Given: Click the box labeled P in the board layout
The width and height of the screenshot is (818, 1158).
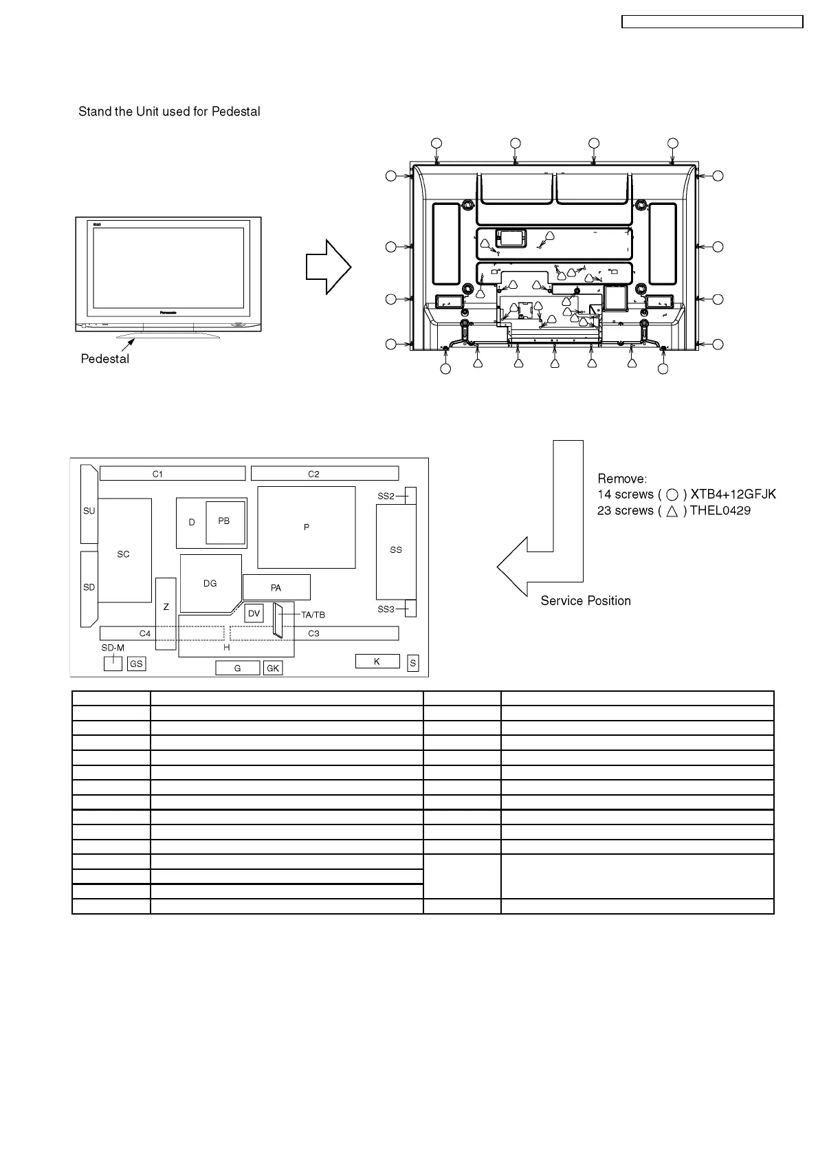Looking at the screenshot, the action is pos(306,527).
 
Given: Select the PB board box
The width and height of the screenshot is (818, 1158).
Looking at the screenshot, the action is pos(225,522).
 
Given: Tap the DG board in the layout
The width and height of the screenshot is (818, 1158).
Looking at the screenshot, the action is pos(210,583).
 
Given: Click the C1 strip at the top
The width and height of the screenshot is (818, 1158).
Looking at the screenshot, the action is pos(172,474).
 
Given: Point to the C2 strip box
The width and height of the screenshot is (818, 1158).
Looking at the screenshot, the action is pos(324,474).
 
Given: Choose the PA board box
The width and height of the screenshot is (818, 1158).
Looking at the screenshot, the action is pos(276,587).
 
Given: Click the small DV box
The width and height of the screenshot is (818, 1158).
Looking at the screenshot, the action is pos(254,613).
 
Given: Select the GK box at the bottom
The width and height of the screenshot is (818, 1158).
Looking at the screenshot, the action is pos(273,668).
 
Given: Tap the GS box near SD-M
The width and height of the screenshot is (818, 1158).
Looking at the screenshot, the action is pos(136,664).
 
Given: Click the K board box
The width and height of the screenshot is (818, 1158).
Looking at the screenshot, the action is pos(377,662).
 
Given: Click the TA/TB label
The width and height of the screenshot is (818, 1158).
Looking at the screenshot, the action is pos(313,615).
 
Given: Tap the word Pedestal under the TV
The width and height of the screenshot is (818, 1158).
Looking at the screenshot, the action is pos(105,359).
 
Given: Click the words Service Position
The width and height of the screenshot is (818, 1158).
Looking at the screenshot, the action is pos(586,601).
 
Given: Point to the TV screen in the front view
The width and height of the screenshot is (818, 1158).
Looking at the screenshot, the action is pos(168,269).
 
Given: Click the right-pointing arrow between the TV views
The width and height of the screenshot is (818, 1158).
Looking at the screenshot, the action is pos(329,269).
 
